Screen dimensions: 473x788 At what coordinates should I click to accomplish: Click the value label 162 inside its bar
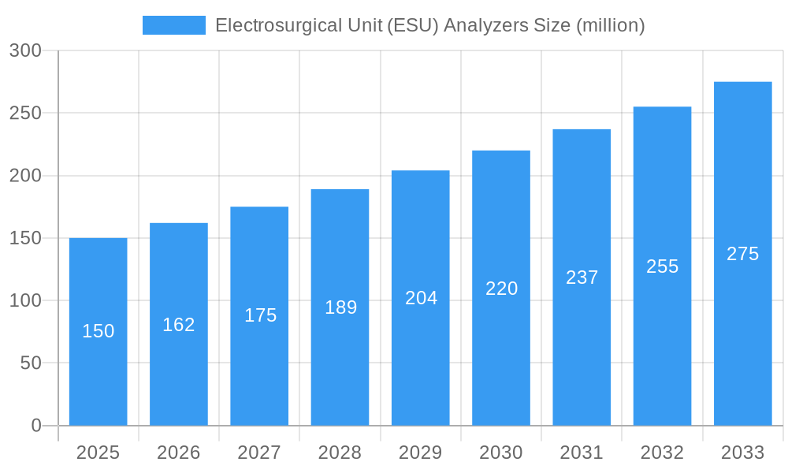(179, 325)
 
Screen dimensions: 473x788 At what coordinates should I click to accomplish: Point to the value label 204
(421, 298)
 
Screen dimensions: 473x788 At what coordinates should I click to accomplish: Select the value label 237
(582, 277)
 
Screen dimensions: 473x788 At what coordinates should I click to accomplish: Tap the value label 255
(662, 266)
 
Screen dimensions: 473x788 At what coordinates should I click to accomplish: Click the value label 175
(260, 315)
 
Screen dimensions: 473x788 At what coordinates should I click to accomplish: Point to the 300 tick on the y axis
(25, 50)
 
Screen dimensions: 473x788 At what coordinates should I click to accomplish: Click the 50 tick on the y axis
(30, 363)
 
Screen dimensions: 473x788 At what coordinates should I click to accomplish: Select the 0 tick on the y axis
(35, 426)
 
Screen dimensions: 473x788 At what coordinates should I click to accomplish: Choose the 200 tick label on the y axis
(25, 176)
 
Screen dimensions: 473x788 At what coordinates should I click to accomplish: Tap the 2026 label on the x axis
(179, 453)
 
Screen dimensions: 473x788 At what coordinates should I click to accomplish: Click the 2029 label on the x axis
(421, 453)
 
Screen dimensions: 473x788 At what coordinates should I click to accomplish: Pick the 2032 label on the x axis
(662, 453)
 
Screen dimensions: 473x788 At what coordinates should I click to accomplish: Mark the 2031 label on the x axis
(582, 453)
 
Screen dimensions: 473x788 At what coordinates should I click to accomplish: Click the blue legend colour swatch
(173, 25)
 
